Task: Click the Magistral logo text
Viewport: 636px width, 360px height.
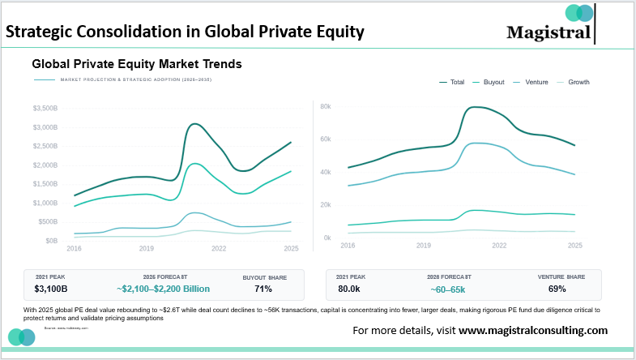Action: [x=548, y=32]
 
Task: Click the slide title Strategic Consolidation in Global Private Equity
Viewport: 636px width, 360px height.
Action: [x=185, y=32]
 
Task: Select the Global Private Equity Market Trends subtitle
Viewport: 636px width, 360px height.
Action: [x=137, y=62]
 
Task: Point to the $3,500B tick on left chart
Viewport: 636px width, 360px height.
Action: [x=45, y=108]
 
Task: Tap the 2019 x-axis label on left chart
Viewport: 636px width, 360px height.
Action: [x=147, y=248]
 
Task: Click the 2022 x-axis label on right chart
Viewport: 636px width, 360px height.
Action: [x=499, y=244]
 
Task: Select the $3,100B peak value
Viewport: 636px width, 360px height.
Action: [x=52, y=289]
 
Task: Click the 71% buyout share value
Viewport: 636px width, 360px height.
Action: [x=263, y=289]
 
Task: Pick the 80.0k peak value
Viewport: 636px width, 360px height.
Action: [x=349, y=289]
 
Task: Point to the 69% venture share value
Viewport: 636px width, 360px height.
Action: [x=557, y=289]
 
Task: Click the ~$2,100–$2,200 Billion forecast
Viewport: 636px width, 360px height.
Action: [x=163, y=289]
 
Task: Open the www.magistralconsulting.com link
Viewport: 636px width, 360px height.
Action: [x=533, y=331]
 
